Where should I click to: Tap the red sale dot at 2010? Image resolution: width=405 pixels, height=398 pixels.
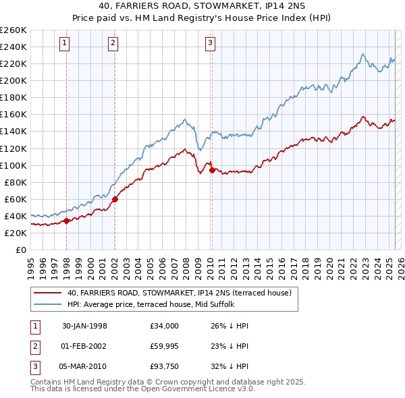[212, 170]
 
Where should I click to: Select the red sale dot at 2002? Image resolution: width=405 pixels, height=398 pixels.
[115, 199]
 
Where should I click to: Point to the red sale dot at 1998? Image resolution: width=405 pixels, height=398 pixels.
[67, 221]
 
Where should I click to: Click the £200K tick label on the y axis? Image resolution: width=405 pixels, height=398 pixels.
[13, 80]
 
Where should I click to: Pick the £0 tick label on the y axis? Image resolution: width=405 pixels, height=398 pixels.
[20, 250]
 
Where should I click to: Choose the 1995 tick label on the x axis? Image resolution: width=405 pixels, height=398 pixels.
[31, 263]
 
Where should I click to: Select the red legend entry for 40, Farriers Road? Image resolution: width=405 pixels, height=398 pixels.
[179, 293]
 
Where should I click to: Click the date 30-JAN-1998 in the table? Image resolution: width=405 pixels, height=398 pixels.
[84, 326]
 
